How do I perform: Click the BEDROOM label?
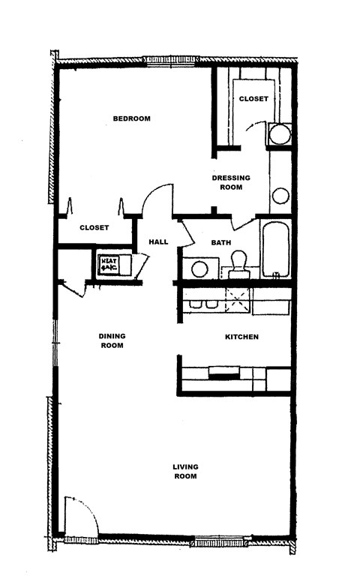point(132,118)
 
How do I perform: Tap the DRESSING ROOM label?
point(230,182)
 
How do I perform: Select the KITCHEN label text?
point(241,337)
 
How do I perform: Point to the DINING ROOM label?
point(111,340)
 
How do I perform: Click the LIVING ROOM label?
point(185,471)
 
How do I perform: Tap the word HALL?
point(158,241)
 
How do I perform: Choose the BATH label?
point(220,242)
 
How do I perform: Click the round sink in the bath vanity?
point(199,268)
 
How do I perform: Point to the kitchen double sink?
point(203,304)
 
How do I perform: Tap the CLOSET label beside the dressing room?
point(253,99)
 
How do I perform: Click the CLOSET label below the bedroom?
point(94,227)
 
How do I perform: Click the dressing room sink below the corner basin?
point(280,196)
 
